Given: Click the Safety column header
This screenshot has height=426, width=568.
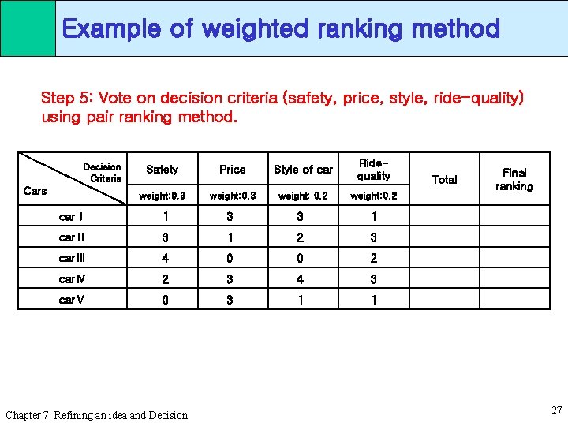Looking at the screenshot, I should [163, 170].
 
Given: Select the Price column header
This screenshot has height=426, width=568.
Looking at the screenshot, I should [232, 170].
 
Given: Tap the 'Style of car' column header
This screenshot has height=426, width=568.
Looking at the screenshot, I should [303, 170].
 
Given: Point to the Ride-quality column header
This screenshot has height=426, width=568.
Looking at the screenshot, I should [373, 170].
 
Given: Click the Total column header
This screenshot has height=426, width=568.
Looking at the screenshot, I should [444, 179].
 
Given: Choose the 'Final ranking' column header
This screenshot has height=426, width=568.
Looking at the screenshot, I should [514, 179].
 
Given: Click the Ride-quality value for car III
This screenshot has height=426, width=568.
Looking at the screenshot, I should [373, 258].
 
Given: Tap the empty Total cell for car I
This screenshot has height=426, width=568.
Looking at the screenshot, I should [444, 217].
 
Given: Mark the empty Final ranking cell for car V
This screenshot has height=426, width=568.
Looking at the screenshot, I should [514, 299].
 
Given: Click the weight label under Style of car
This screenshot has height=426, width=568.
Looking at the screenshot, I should [303, 195].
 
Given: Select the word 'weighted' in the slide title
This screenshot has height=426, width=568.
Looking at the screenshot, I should [252, 29].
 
